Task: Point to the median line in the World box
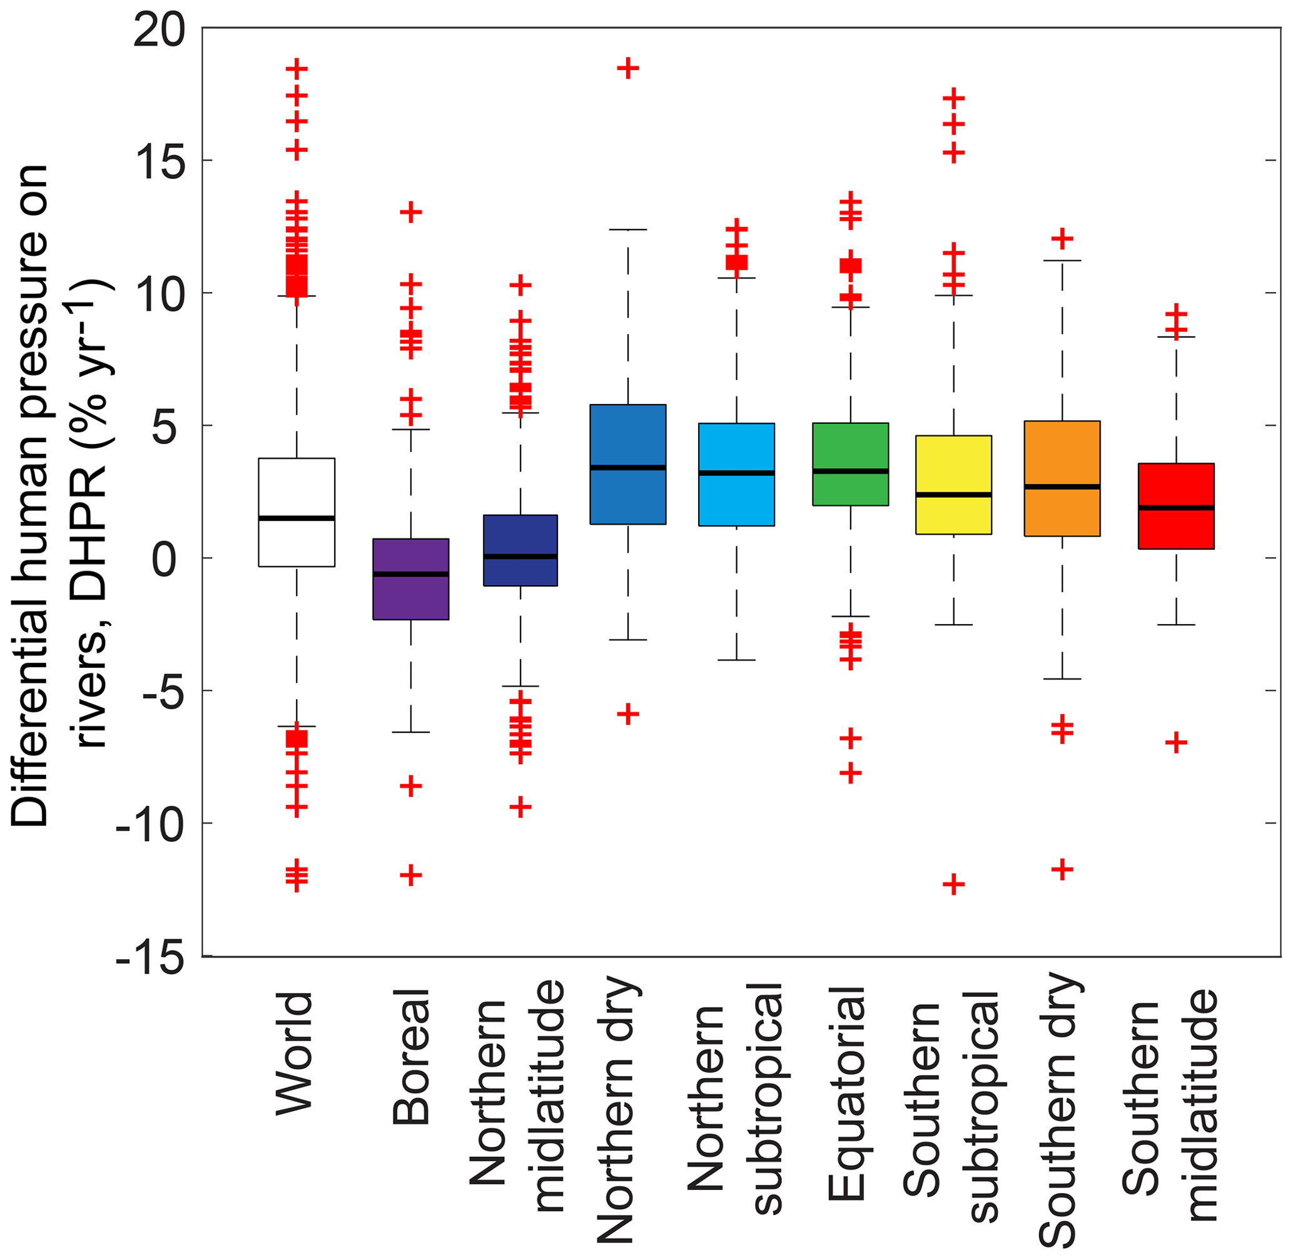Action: [296, 518]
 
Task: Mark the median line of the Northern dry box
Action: [627, 467]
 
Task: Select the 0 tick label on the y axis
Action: [167, 560]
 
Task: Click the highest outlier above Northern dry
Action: [627, 68]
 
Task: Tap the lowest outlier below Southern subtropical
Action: [953, 884]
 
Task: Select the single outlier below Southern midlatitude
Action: [1176, 743]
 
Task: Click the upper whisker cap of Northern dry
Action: [627, 229]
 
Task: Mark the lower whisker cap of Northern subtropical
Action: [736, 660]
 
